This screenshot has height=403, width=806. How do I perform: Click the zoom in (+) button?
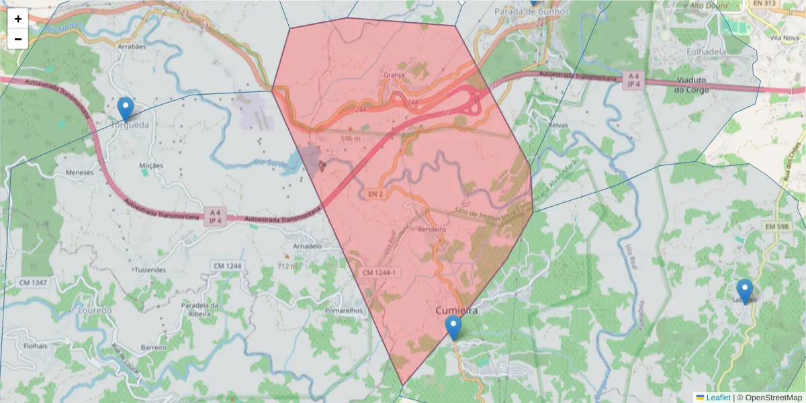pos(18,19)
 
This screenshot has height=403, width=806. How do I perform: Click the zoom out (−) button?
pos(18,39)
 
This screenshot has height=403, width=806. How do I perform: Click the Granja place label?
pos(394,75)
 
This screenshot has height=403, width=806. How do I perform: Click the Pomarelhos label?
pos(343,311)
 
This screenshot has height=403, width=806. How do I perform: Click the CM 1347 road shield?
pos(33,283)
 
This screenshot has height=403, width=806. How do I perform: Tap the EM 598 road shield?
pos(777,228)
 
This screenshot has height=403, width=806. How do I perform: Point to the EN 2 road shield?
pos(375,194)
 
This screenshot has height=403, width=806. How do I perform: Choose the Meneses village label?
pos(80,172)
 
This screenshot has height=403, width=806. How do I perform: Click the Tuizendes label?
pos(150,270)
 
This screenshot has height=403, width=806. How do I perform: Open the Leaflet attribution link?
pos(717,398)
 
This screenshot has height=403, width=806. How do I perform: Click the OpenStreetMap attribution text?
pos(773,398)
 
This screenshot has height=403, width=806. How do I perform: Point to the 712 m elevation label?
pos(287,267)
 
